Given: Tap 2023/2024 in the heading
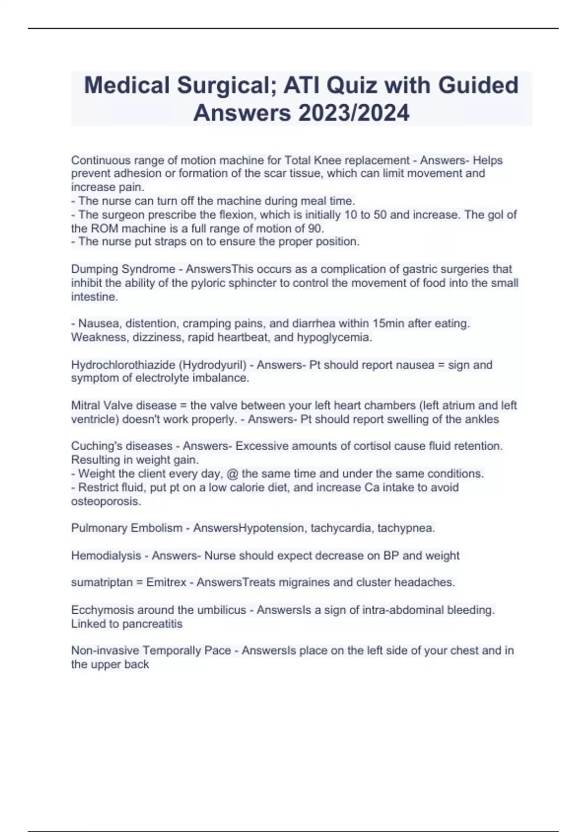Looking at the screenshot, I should coord(353,114).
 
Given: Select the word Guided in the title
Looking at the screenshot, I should coord(478,86).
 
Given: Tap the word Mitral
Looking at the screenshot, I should coord(86,406).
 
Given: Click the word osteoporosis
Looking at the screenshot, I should coord(106,502).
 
